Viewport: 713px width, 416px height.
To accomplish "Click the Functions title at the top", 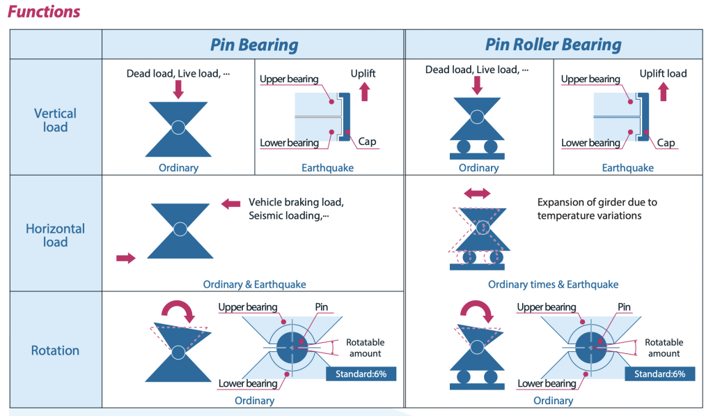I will click(x=43, y=12).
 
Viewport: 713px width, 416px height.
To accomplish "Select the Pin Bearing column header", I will click(x=254, y=46).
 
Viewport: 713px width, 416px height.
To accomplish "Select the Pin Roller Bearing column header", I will click(x=554, y=45).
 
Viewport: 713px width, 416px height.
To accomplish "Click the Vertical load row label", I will click(x=55, y=120).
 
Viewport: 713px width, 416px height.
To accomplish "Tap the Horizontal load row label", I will click(x=55, y=235).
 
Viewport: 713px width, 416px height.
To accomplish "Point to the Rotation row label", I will click(x=55, y=350).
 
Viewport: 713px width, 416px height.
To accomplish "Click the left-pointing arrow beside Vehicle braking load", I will click(x=230, y=203).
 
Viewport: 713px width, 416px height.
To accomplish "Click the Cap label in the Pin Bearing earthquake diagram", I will click(x=367, y=142).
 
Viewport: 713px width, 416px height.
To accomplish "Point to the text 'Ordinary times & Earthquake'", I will click(x=553, y=284).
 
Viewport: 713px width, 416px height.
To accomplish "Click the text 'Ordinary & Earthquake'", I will click(x=254, y=284).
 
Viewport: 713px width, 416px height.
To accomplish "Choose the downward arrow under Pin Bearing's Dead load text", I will click(x=178, y=89).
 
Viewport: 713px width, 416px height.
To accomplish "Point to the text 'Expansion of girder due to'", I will click(x=597, y=203).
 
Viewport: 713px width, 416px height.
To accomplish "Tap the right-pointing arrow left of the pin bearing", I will click(x=126, y=258).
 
